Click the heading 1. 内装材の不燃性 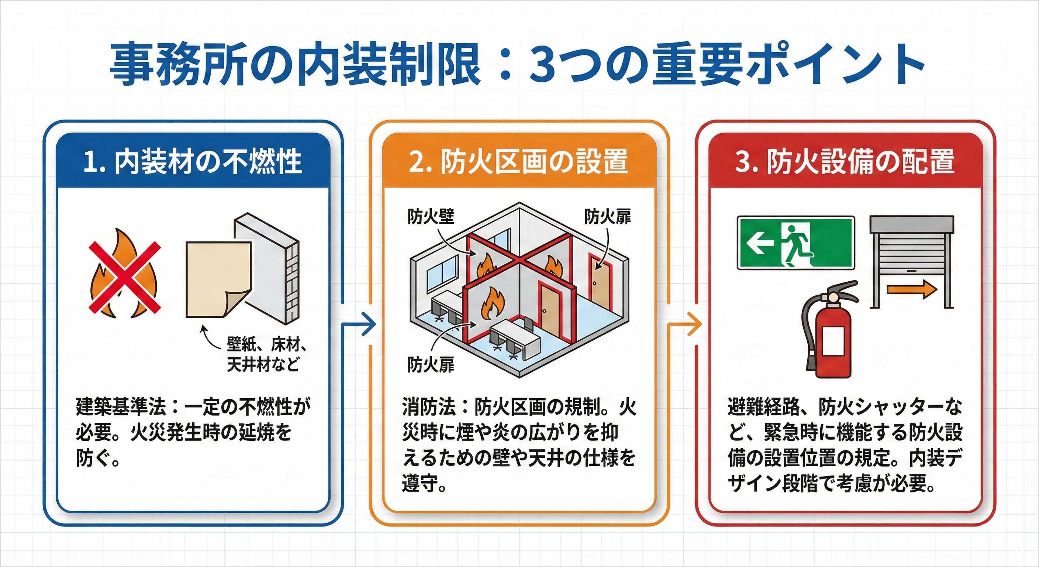pyautogui.click(x=193, y=162)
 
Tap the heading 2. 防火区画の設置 pyautogui.click(x=518, y=162)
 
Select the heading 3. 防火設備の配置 pyautogui.click(x=845, y=162)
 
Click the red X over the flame pyautogui.click(x=125, y=277)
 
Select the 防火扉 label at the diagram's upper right pyautogui.click(x=607, y=217)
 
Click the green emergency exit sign pyautogui.click(x=795, y=243)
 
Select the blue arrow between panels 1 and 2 pyautogui.click(x=361, y=324)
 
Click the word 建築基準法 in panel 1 pyautogui.click(x=121, y=408)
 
